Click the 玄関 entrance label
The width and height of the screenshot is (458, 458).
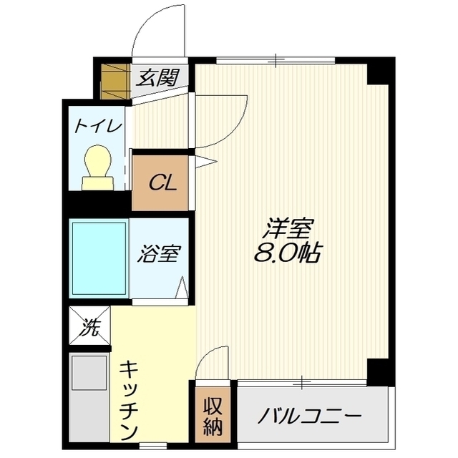[x=158, y=77]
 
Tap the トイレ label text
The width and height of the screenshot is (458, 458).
[x=98, y=126]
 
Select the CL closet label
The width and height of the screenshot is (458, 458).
[x=162, y=182]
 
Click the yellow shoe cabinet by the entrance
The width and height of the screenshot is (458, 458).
[x=113, y=82]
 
